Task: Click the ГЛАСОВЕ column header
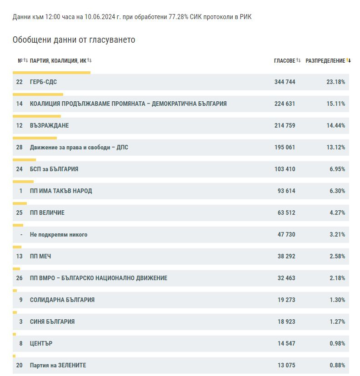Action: point(285,61)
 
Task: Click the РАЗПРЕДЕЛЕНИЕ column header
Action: point(325,61)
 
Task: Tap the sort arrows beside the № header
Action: point(25,60)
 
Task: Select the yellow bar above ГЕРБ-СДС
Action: point(52,73)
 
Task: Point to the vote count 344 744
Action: point(285,82)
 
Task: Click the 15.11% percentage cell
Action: point(335,104)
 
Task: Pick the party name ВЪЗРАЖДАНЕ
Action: point(49,125)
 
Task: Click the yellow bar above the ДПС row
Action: point(35,138)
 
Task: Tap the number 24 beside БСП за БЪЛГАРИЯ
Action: point(19,169)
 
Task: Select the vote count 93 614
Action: point(286,191)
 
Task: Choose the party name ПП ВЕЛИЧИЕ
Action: point(47,213)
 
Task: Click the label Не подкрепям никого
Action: point(59,234)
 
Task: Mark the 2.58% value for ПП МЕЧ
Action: point(337,256)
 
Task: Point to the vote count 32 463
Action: point(286,278)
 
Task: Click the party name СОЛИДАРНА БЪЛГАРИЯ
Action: point(62,300)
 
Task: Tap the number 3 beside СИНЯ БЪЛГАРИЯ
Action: point(21,322)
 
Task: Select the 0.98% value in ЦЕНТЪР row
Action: point(337,343)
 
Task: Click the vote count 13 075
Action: point(286,365)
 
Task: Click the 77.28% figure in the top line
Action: point(178,17)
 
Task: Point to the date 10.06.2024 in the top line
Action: point(100,17)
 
